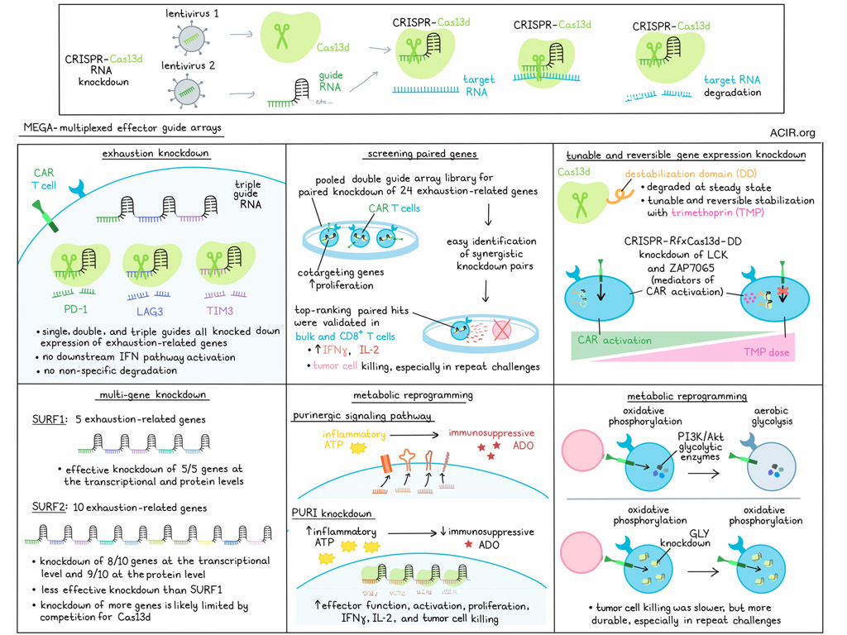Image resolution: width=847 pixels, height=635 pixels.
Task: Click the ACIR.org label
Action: [x=792, y=132]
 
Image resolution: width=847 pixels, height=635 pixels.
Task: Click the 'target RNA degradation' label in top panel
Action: [x=732, y=86]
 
